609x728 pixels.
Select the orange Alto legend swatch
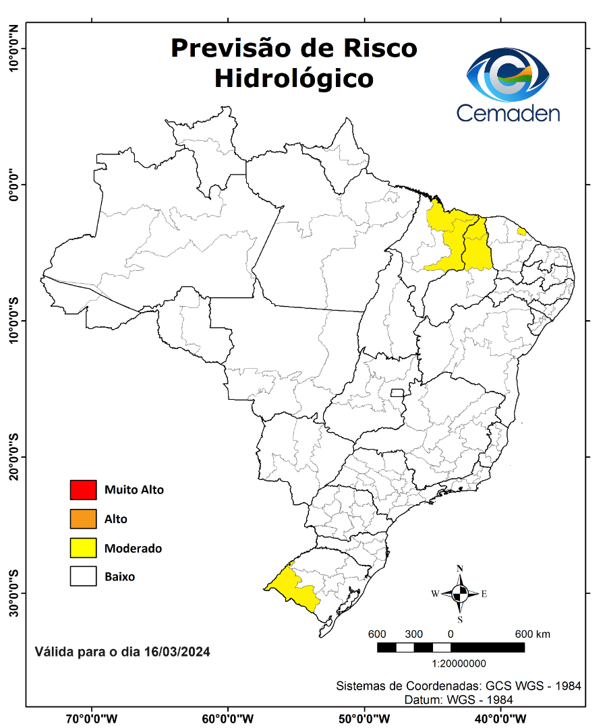point(83,519)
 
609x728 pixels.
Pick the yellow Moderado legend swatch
point(83,548)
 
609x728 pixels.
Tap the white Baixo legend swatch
point(83,577)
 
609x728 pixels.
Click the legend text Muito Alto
point(134,490)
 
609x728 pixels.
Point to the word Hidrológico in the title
point(293,78)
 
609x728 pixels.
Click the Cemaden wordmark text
point(508,113)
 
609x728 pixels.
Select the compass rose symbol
point(460,594)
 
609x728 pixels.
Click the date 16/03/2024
point(177,652)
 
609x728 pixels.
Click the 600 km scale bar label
point(533,634)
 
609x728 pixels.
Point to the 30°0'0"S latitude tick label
point(13,593)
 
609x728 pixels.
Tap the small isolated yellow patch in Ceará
point(521,231)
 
